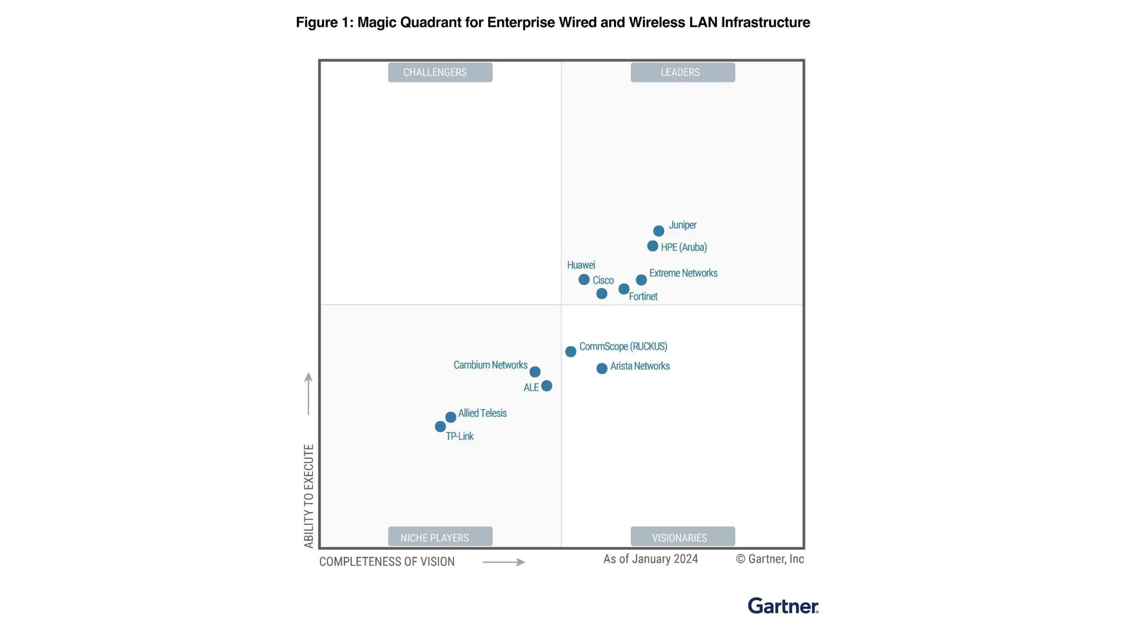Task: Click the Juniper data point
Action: [x=659, y=231]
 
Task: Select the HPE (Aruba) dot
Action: [x=653, y=246]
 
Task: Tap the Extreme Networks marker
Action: [x=641, y=280]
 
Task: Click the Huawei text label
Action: [x=581, y=265]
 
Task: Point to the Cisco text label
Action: [x=603, y=280]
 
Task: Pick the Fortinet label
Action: [x=643, y=296]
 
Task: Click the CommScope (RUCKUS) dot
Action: [x=571, y=351]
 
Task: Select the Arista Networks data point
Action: [x=602, y=368]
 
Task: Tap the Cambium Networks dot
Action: [x=535, y=372]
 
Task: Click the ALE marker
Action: [x=547, y=386]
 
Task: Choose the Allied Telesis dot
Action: [x=451, y=417]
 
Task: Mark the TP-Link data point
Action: [x=440, y=426]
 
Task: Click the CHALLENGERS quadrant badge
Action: [x=440, y=72]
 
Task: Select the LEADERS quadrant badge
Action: [x=682, y=72]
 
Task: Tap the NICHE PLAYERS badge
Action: [x=440, y=537]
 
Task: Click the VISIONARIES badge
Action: [x=682, y=537]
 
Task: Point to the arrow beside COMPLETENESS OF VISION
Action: [x=503, y=562]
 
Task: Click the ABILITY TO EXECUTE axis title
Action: [x=309, y=495]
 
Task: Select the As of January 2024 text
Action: [x=650, y=559]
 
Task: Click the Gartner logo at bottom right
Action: [x=782, y=606]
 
